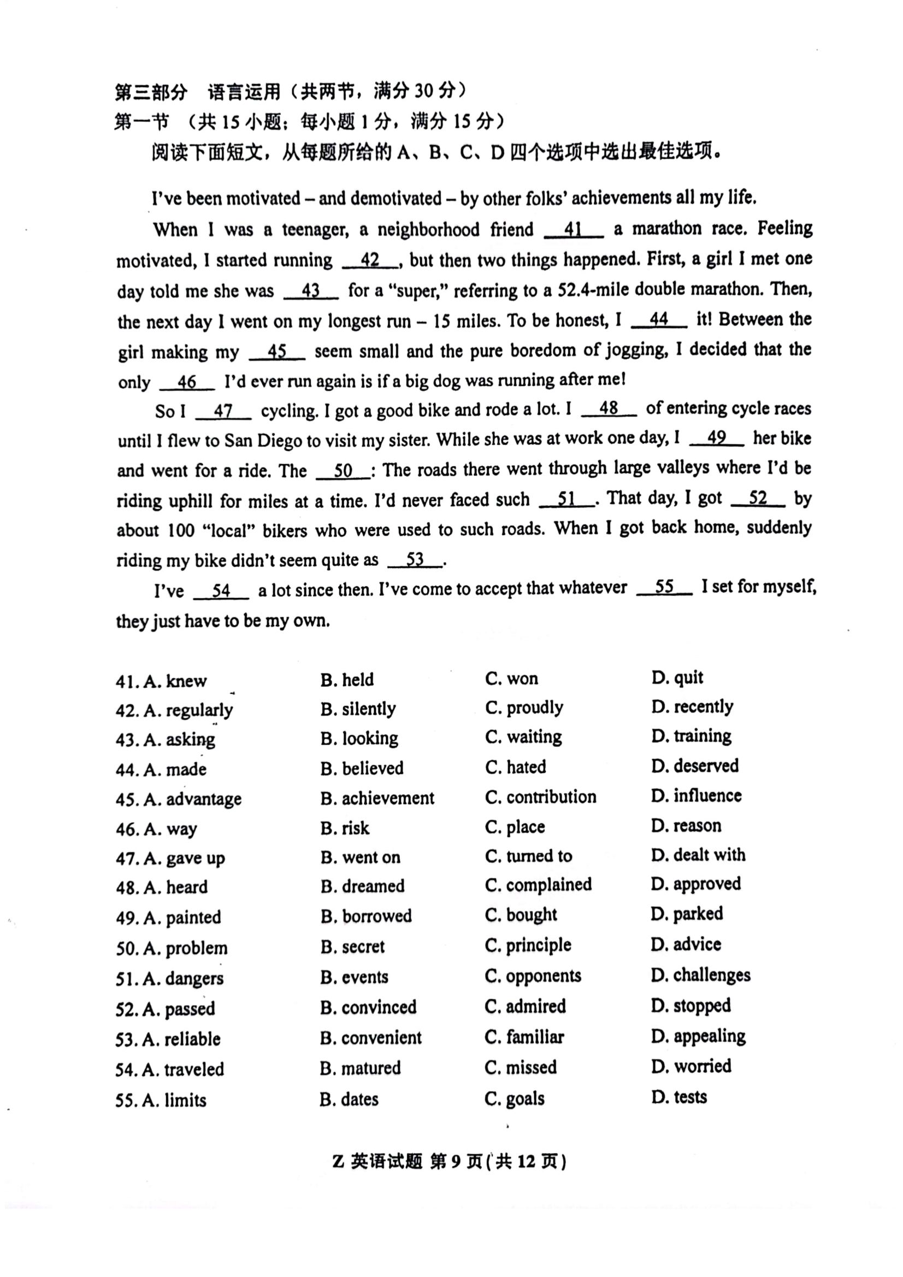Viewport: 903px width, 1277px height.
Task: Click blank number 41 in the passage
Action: (573, 230)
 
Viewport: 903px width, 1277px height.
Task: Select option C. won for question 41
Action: (511, 679)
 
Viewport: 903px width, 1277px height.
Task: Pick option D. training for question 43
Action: (691, 736)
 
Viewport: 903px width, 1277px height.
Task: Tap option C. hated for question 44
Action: (515, 767)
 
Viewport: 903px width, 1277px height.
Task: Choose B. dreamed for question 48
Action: (362, 886)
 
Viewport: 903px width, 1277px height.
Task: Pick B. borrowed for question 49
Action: (365, 916)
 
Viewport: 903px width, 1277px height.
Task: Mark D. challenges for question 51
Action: (700, 975)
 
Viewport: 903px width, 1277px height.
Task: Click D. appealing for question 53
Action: (698, 1036)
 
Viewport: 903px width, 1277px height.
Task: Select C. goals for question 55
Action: (515, 1099)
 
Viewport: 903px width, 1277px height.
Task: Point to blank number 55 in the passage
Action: (664, 587)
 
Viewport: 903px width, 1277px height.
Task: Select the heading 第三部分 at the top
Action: (151, 92)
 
